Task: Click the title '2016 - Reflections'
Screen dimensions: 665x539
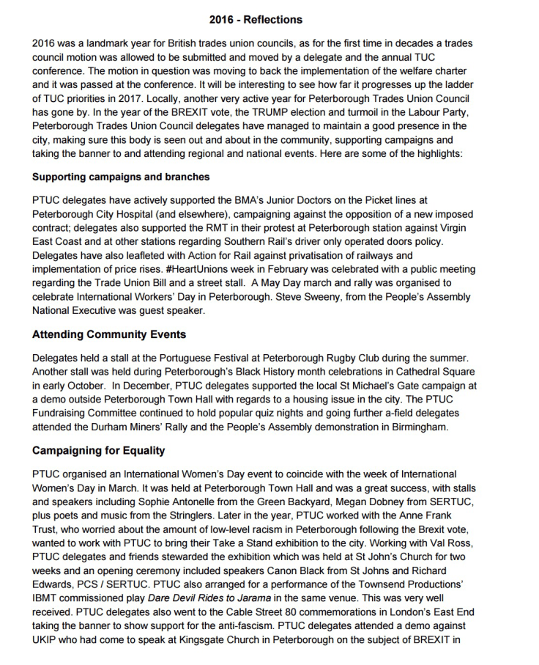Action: pyautogui.click(x=256, y=20)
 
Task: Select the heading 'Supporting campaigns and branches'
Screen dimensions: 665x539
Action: pyautogui.click(x=121, y=177)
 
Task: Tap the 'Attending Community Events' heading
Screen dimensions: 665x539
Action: pyautogui.click(x=109, y=334)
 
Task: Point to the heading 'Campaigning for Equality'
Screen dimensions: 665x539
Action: pyautogui.click(x=99, y=451)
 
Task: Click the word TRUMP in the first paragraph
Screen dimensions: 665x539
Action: pyautogui.click(x=266, y=112)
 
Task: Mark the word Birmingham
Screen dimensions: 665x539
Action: pyautogui.click(x=413, y=427)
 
